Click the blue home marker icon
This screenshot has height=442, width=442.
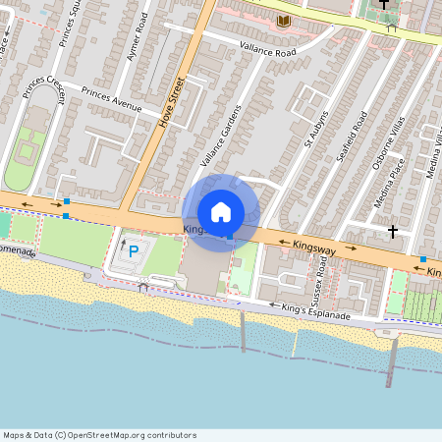(x=221, y=211)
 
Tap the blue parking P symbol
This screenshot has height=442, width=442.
(x=134, y=250)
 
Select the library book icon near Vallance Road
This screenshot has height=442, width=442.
(x=284, y=21)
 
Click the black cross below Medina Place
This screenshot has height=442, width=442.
(x=393, y=232)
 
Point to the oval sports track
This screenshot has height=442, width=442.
(x=19, y=161)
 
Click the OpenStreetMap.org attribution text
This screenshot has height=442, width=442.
(x=100, y=435)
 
